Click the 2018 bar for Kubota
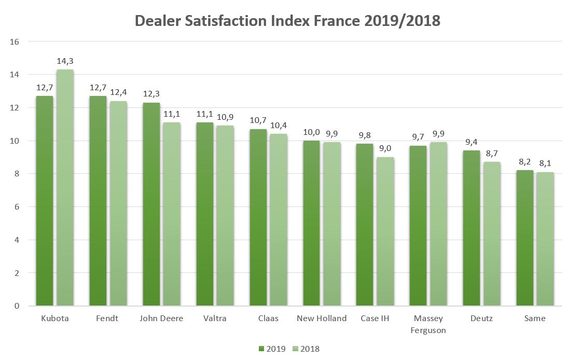65,187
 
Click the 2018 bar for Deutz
492,233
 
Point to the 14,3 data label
65,61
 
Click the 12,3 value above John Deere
151,94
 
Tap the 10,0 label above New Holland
311,132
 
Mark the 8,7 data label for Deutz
492,154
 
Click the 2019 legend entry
272,349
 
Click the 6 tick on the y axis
17,207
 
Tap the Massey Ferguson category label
428,324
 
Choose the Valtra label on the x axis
215,318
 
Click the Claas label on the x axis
268,318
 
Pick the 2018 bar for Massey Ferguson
438,224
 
